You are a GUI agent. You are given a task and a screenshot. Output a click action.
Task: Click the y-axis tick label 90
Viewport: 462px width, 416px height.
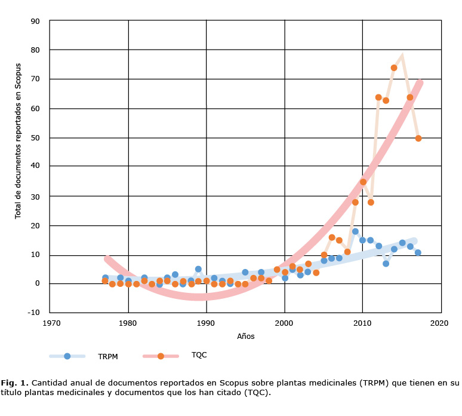pos(35,21)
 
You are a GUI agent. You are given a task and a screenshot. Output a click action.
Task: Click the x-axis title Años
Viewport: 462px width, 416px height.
pos(245,337)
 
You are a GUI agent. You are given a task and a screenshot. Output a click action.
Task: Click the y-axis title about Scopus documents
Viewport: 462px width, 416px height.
pos(18,140)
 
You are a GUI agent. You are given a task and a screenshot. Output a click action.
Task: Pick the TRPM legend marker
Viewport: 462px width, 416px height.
pos(67,356)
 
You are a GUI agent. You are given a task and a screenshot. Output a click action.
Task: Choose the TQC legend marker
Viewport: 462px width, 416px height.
pos(161,356)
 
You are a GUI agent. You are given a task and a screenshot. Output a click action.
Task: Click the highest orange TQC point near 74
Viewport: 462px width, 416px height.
pos(394,68)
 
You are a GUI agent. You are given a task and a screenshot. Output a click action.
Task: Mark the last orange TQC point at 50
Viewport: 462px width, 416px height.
pos(418,138)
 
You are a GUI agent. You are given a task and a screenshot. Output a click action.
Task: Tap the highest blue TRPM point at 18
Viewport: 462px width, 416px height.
pos(355,231)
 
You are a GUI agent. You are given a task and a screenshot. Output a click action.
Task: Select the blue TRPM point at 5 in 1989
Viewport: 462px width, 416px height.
pos(198,269)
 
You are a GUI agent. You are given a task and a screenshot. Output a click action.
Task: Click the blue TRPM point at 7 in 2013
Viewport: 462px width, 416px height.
pos(386,264)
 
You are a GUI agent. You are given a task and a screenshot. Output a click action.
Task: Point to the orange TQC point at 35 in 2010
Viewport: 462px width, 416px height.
pos(363,182)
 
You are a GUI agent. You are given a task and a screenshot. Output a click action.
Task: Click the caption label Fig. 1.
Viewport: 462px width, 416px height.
pos(14,383)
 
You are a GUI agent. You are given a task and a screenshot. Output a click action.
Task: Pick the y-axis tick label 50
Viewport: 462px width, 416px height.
pos(35,138)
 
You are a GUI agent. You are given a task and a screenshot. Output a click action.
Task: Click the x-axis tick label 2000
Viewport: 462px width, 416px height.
pos(285,323)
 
